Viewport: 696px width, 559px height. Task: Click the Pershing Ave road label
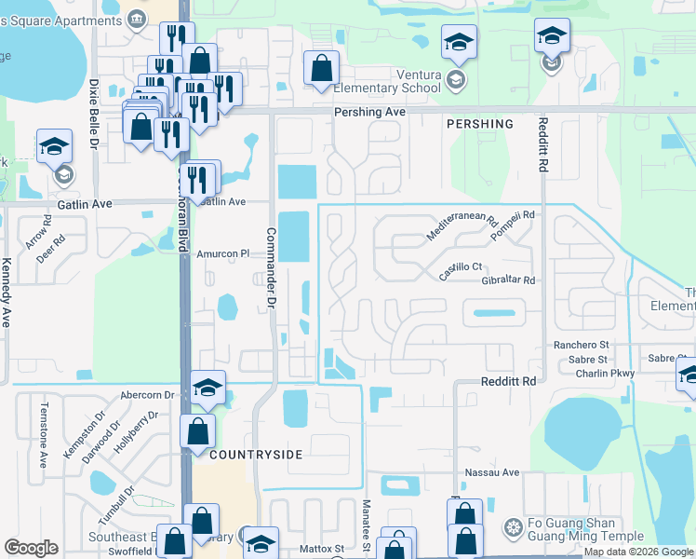369,111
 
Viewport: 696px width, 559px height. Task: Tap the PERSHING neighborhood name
479,124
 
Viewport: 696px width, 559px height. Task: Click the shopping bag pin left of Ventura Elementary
321,68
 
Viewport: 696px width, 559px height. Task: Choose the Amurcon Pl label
223,253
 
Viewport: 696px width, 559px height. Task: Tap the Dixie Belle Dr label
94,113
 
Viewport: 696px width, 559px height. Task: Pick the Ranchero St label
581,345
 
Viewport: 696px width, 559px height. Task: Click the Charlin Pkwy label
582,373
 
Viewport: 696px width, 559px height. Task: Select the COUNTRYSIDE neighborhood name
256,454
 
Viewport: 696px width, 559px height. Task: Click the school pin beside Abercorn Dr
208,389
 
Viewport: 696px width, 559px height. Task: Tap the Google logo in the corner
31,548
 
